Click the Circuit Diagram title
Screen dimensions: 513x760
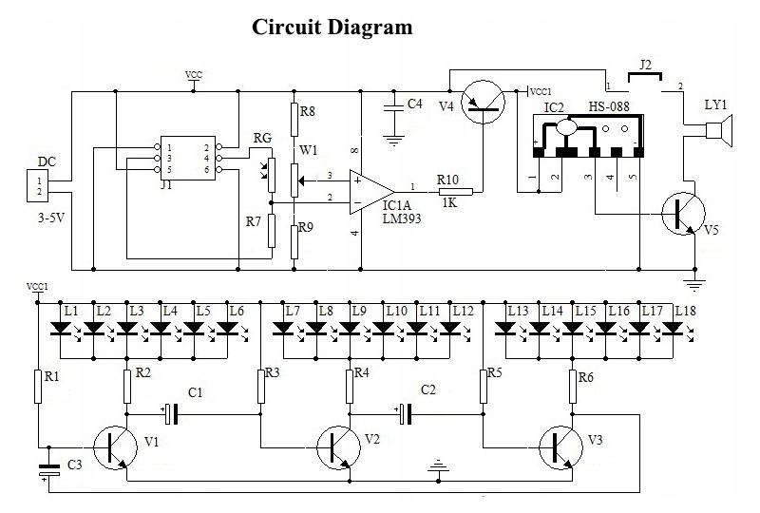(332, 27)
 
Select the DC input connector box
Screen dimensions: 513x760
(40, 187)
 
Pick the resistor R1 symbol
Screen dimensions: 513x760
(39, 386)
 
